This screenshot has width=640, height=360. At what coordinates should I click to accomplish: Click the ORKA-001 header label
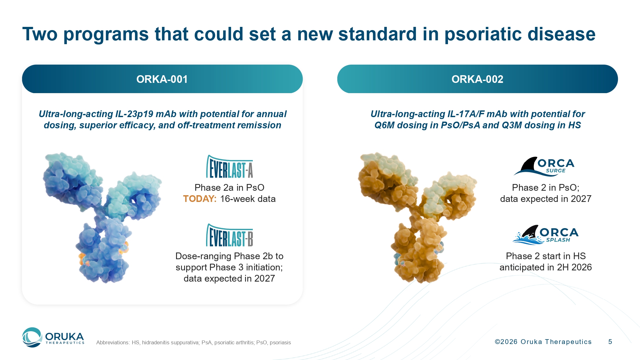click(x=162, y=79)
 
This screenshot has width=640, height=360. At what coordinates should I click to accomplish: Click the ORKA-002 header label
click(x=477, y=79)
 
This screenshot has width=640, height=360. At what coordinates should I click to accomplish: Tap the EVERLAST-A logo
click(x=229, y=166)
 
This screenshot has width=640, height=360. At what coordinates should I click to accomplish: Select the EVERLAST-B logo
click(x=229, y=235)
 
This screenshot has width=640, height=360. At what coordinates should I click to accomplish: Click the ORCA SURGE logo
click(x=544, y=166)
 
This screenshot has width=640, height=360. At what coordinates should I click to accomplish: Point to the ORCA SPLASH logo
click(x=546, y=235)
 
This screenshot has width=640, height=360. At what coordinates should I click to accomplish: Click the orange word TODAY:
click(x=200, y=199)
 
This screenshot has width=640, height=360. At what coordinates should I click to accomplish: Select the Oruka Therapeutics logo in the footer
click(x=53, y=337)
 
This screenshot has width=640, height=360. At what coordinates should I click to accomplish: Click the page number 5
click(x=610, y=342)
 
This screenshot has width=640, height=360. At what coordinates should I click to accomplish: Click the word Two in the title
click(x=40, y=34)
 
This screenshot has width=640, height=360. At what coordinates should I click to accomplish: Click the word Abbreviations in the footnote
click(x=113, y=342)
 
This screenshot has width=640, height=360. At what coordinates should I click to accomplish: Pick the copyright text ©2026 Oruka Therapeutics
click(x=543, y=342)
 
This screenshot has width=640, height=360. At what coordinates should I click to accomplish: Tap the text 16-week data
click(x=248, y=199)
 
